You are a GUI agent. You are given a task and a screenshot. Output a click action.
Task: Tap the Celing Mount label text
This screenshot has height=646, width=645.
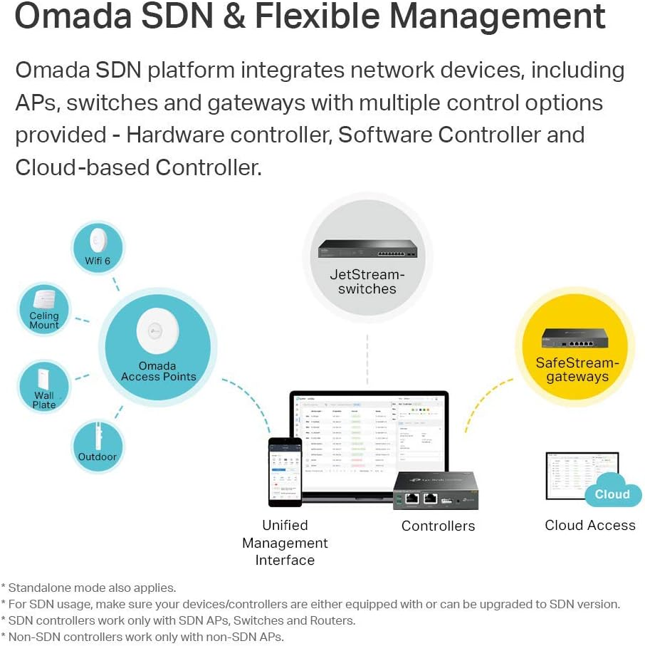44,321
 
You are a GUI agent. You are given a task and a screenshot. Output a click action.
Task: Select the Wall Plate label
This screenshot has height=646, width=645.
44,400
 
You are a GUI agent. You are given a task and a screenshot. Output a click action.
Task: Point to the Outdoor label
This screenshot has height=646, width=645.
98,457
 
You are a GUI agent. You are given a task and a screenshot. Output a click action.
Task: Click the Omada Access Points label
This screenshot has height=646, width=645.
158,371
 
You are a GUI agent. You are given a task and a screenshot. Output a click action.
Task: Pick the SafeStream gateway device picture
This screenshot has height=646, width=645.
577,338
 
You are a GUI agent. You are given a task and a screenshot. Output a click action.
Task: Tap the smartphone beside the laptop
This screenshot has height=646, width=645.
285,471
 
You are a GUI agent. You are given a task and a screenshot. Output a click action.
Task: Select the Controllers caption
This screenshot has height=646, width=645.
438,526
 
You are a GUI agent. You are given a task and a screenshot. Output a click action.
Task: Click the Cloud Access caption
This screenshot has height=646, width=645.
589,526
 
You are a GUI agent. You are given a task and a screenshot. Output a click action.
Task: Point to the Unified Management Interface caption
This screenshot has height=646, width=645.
285,543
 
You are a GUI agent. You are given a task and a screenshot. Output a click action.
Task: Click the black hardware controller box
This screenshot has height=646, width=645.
435,491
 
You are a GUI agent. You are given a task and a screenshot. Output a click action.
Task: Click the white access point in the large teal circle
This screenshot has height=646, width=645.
157,326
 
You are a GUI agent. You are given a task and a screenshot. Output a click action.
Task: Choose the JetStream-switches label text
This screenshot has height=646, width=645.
367,282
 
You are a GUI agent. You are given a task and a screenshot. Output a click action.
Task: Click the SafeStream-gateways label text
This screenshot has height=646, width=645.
577,370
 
